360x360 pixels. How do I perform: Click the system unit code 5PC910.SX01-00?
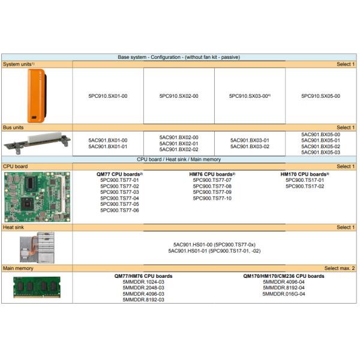(x=108, y=96)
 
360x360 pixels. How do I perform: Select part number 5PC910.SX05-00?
(x=321, y=96)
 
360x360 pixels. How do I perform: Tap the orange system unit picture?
(x=37, y=96)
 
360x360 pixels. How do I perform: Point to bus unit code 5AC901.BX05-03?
(x=321, y=152)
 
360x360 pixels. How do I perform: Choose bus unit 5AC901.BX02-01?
(x=179, y=143)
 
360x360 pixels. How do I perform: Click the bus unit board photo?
(x=37, y=143)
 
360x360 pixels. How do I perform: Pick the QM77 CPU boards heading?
(x=119, y=174)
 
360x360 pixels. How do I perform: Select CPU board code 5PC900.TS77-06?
(x=119, y=210)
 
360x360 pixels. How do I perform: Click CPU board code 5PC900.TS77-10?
(x=212, y=198)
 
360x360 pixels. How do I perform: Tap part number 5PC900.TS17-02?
(x=305, y=186)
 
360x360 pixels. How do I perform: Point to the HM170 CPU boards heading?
(x=305, y=174)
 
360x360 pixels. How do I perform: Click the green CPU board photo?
(x=37, y=197)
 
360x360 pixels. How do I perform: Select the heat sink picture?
(x=37, y=247)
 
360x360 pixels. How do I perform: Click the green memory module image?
(x=37, y=287)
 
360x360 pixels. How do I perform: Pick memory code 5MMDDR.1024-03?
(x=143, y=282)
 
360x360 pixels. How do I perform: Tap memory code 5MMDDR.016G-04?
(x=284, y=293)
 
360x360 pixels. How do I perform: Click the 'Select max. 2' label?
(x=340, y=268)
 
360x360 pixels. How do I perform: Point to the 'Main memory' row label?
(x=18, y=268)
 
